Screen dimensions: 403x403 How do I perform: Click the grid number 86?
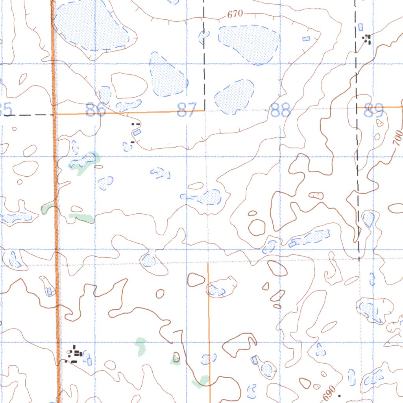(96, 109)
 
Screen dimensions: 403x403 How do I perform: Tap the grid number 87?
(186, 110)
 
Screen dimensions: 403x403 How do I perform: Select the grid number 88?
(281, 110)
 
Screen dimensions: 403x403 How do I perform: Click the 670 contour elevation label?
(235, 15)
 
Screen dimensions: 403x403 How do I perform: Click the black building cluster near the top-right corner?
(368, 38)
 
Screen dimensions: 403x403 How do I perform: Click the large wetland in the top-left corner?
(91, 24)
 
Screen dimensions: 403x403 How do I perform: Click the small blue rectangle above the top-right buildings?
(360, 27)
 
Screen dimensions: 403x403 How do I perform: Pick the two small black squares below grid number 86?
(135, 124)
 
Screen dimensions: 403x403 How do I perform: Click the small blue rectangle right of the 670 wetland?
(306, 39)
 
